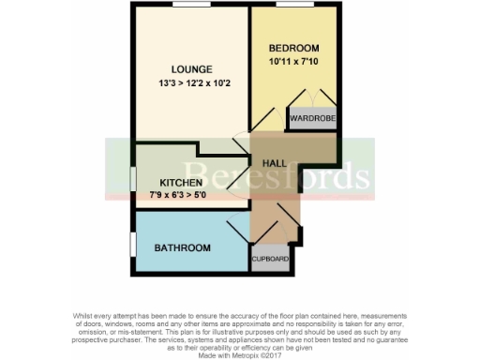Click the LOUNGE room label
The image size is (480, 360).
[191, 69]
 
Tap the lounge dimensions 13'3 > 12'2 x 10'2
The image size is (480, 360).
[191, 82]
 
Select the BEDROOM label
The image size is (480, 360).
[294, 49]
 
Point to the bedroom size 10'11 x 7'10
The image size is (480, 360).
[294, 62]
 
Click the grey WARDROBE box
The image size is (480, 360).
[309, 119]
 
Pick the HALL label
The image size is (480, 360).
[274, 163]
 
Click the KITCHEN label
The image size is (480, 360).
[181, 182]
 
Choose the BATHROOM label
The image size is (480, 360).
[182, 248]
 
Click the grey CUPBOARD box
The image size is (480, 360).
[268, 258]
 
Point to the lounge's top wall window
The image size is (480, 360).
[191, 6]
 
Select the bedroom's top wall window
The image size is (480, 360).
[293, 6]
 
